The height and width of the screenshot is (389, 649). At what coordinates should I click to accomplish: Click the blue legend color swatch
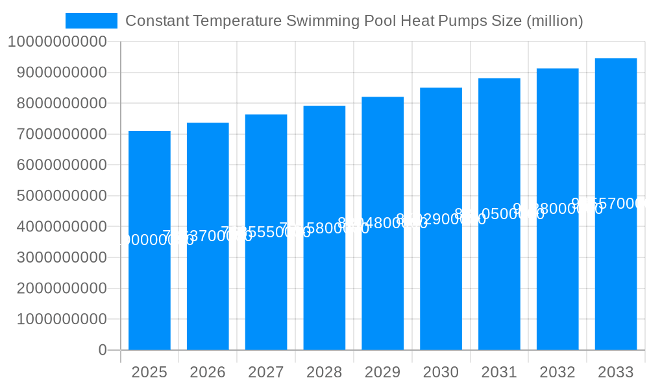pyautogui.click(x=92, y=21)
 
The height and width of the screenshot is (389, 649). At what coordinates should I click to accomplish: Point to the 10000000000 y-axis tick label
pyautogui.click(x=56, y=42)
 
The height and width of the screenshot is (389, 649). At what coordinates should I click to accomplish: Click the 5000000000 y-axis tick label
pyautogui.click(x=62, y=196)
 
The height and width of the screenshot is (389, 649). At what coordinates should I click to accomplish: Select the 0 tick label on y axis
pyautogui.click(x=103, y=350)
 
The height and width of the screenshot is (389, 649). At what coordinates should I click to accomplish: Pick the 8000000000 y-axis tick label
pyautogui.click(x=62, y=104)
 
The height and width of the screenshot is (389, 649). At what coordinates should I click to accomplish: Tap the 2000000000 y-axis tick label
pyautogui.click(x=62, y=289)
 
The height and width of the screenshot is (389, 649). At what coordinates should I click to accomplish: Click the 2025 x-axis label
pyautogui.click(x=149, y=372)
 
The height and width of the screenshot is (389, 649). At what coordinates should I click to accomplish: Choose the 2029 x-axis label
pyautogui.click(x=383, y=372)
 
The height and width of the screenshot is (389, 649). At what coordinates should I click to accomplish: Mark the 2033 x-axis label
pyautogui.click(x=616, y=372)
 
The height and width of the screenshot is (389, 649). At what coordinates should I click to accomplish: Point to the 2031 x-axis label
pyautogui.click(x=499, y=372)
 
